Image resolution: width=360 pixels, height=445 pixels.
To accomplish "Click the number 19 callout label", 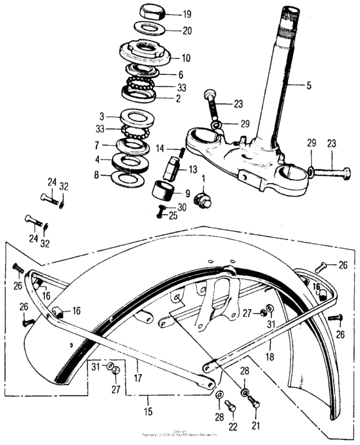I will [186, 14].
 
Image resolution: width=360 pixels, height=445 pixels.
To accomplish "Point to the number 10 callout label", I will [186, 57].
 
